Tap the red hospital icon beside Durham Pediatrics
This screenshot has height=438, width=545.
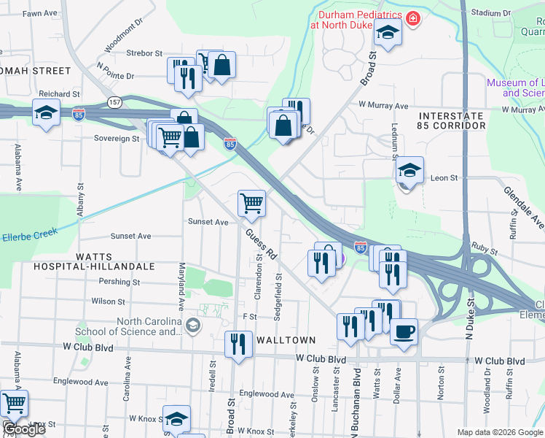[413, 18]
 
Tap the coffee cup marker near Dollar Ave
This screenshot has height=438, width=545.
[404, 332]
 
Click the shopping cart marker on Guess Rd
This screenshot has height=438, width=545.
[251, 202]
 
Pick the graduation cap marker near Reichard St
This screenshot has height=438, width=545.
[46, 113]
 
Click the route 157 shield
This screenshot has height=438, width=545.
[114, 101]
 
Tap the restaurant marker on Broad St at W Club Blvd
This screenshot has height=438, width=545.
[238, 343]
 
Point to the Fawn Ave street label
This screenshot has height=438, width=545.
[40, 14]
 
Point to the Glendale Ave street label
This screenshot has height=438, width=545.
[523, 205]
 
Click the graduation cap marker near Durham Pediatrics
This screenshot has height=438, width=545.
[388, 33]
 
